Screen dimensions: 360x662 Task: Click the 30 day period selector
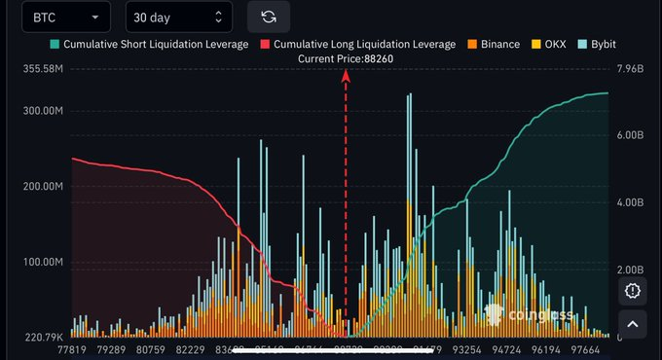coord(179,18)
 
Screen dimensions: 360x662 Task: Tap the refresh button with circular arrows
coord(269,18)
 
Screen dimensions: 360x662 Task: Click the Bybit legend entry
coord(596,44)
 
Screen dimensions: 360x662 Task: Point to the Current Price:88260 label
coord(347,58)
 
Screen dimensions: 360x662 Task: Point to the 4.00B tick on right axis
coord(632,202)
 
